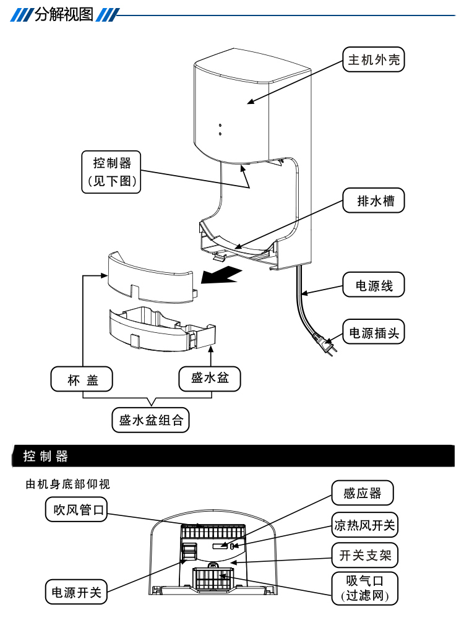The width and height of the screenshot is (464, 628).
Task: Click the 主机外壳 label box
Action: pos(374,60)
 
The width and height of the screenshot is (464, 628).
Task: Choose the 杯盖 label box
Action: pos(82,379)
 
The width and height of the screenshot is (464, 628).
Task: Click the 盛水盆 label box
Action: pos(210,378)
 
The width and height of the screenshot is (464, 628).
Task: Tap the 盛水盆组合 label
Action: pos(151,421)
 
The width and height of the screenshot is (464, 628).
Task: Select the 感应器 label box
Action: pos(363,493)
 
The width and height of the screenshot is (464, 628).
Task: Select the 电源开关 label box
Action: pos(76,592)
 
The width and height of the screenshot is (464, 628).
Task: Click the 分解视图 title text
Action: pos(64,14)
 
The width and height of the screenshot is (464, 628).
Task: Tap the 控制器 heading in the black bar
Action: pos(46,457)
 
